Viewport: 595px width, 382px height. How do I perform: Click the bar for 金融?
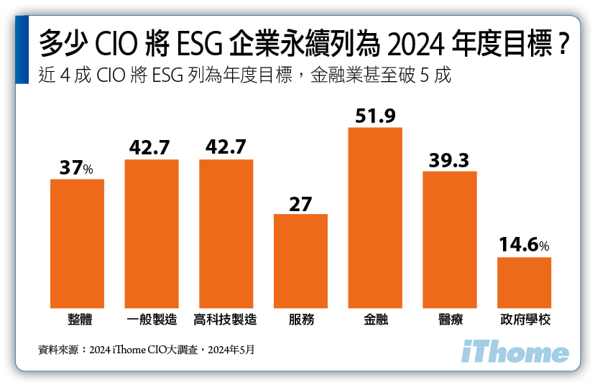click(x=375, y=218)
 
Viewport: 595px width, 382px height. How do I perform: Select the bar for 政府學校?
click(x=524, y=282)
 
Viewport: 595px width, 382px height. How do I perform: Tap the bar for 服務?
click(x=300, y=261)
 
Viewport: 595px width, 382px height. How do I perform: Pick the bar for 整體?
click(x=77, y=243)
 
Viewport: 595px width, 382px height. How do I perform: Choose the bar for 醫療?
click(x=450, y=239)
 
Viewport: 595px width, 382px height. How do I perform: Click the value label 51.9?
click(x=375, y=116)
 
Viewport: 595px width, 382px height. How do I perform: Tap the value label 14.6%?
click(x=524, y=245)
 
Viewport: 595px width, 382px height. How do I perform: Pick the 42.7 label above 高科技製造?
click(x=226, y=147)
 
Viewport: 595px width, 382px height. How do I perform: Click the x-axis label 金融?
click(x=375, y=320)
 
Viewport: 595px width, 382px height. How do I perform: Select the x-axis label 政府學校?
click(x=524, y=320)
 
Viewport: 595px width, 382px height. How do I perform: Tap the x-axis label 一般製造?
click(x=152, y=320)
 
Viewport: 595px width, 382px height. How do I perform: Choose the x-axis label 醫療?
click(x=450, y=320)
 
